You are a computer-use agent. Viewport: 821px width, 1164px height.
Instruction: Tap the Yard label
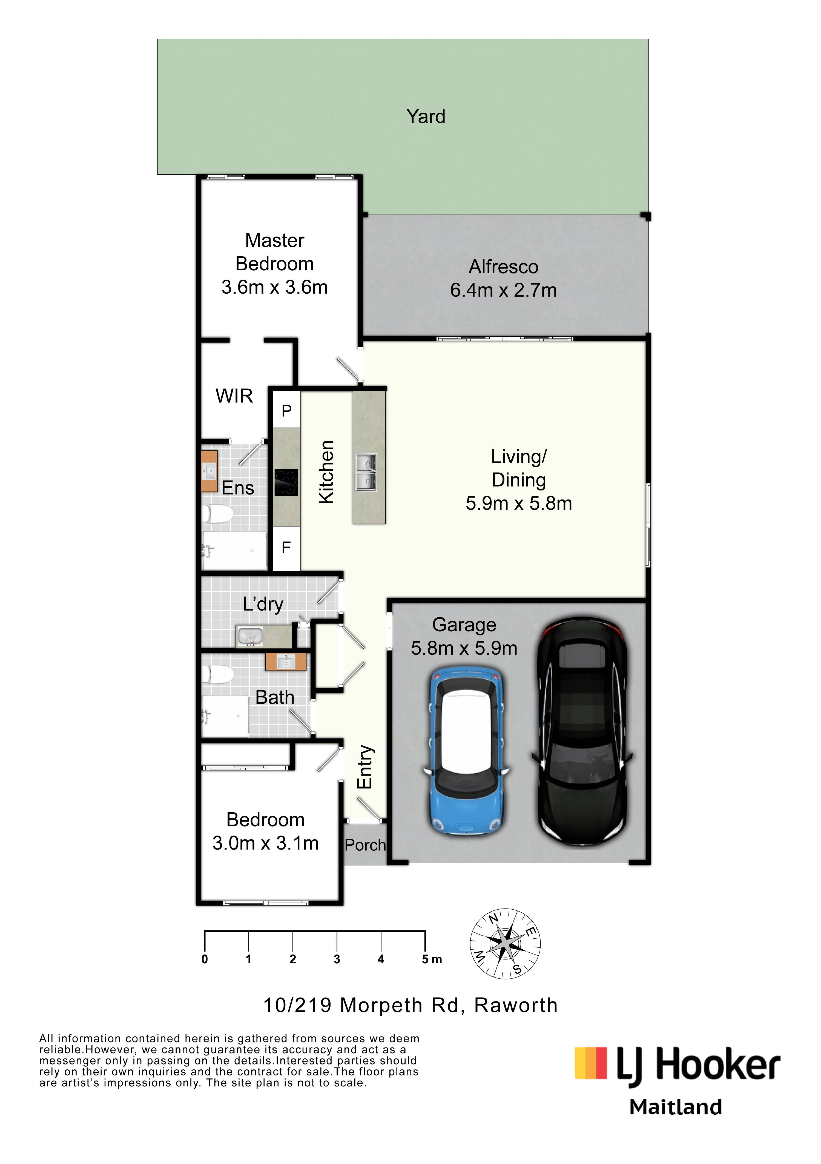pos(426,117)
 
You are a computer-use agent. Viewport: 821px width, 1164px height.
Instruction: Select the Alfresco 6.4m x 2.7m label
pos(503,278)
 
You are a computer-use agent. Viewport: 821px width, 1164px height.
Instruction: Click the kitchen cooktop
pos(286,482)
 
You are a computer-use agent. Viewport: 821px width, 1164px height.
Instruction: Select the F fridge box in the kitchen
pos(286,547)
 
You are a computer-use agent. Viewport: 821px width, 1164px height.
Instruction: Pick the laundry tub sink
pos(249,636)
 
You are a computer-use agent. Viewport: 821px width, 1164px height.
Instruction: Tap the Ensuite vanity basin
pos(209,471)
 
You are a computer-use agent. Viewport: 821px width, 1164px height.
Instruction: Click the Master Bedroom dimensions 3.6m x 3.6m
pos(274,288)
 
